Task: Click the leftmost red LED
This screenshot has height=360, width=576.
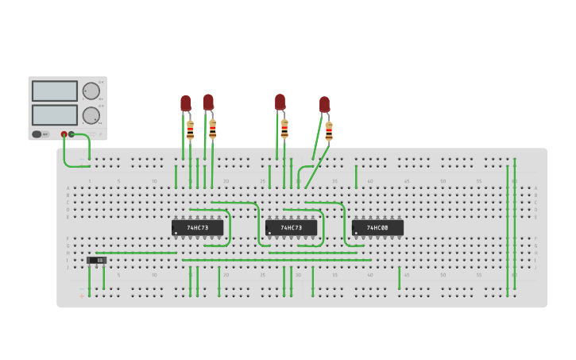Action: coord(185,103)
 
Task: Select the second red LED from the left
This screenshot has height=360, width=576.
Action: coord(208,103)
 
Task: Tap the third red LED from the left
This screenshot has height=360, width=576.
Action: coord(280,102)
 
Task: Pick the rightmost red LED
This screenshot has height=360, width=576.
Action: coord(324,104)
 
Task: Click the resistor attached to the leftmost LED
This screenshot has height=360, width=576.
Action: coord(191,130)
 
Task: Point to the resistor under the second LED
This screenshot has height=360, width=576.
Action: coord(212,129)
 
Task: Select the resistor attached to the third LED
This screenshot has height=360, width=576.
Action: coord(284,129)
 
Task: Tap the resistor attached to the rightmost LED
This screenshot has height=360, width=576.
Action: coord(329,131)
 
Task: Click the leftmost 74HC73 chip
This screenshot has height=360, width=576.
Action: coord(197,228)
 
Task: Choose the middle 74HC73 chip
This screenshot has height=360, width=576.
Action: coord(291,228)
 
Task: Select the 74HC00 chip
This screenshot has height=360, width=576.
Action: coord(377,228)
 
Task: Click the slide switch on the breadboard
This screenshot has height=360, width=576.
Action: coord(96,260)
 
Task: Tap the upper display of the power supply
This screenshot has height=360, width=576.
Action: coord(55,91)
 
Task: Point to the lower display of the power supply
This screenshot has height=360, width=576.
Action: coord(55,114)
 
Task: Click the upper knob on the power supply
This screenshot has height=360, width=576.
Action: coord(91,91)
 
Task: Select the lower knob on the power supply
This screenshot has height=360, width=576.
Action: coord(91,115)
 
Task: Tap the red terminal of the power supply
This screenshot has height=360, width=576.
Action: coord(64,134)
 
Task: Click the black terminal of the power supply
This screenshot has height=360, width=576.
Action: coord(72,134)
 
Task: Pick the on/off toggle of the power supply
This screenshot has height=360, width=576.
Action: coord(37,134)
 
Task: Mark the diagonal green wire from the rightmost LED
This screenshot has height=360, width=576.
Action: coord(317,168)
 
